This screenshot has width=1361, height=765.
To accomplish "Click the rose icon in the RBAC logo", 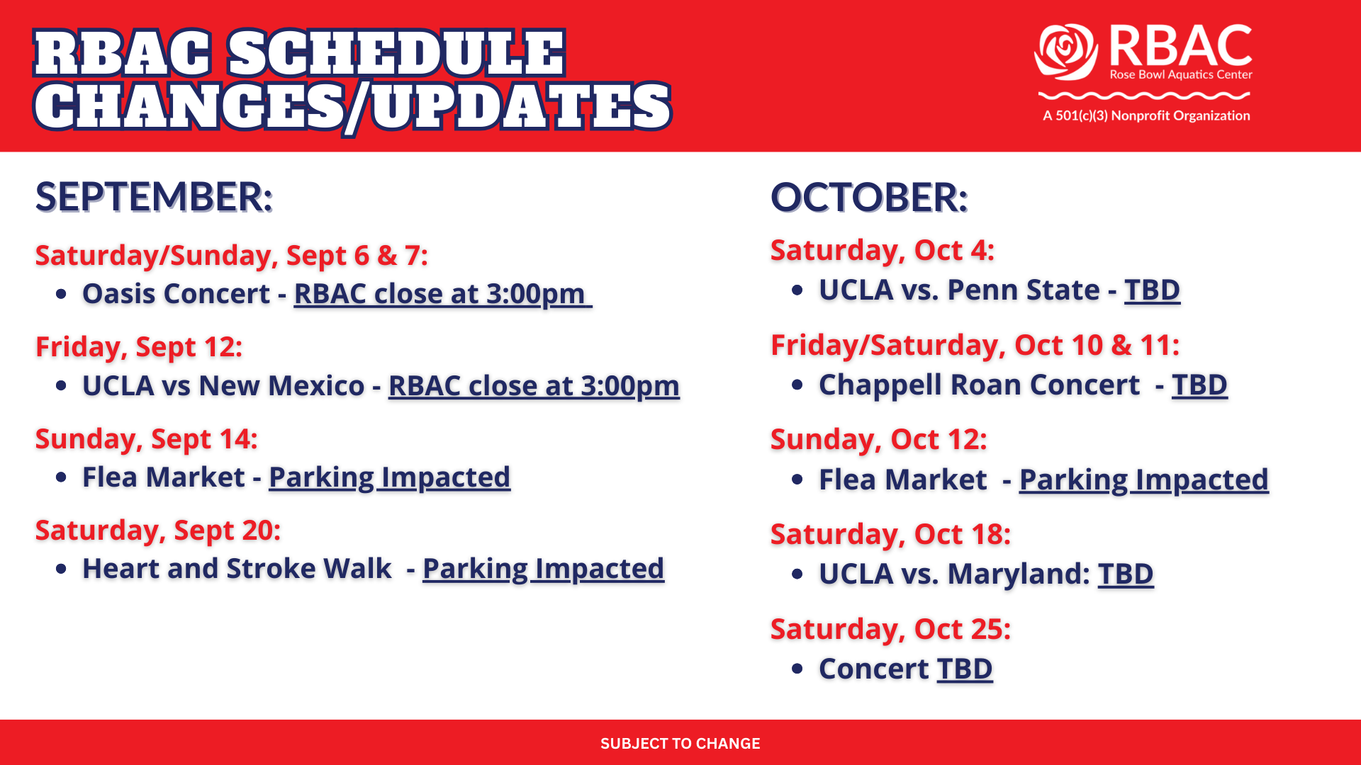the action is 1065,52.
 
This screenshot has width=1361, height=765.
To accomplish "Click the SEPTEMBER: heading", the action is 154,197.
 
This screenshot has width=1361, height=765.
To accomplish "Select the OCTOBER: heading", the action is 869,197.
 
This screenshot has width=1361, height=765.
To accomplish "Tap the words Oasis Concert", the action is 177,294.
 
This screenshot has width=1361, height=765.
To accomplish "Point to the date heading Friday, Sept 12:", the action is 139,347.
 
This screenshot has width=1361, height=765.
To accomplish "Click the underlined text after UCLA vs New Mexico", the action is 534,386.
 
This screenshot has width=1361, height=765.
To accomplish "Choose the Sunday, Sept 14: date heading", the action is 147,439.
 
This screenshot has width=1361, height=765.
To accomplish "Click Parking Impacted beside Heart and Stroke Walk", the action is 544,569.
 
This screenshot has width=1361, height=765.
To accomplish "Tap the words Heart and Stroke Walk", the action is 237,569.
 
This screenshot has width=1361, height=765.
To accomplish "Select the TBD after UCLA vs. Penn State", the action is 1153,290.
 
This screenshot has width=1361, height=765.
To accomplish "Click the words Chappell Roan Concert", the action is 980,385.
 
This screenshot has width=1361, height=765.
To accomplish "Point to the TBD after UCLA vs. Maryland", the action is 1126,574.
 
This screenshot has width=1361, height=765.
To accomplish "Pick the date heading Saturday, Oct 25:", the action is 891,629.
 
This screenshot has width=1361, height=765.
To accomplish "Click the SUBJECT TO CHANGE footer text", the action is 680,744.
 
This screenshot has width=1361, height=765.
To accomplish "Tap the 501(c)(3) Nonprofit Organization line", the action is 1146,115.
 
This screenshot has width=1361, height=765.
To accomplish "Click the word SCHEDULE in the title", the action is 396,53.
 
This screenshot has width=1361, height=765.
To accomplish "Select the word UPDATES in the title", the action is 521,106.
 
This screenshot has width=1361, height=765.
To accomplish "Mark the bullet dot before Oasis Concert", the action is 61,294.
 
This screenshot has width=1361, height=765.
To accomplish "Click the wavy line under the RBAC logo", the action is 1144,95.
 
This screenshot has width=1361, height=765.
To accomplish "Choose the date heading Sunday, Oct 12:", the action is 879,440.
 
